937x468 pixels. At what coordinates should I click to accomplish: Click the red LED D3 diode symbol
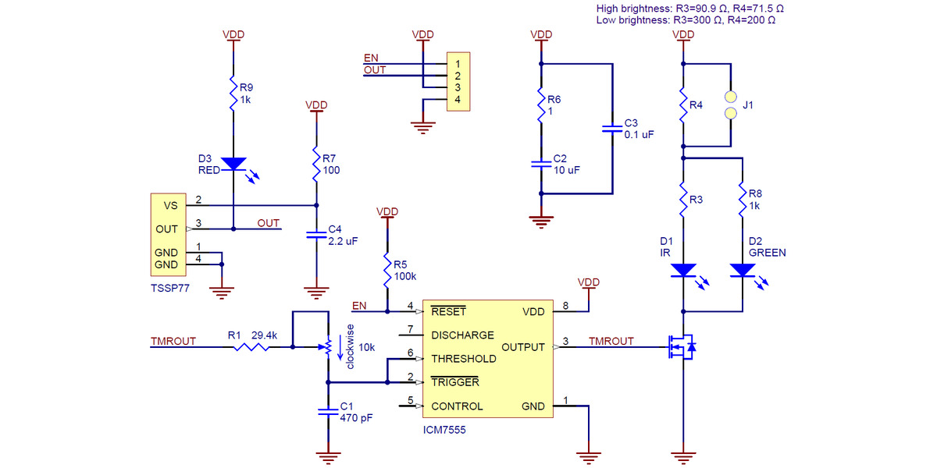[233, 164]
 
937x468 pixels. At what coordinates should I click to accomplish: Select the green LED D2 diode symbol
[742, 271]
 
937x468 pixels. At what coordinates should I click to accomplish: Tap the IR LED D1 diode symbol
[683, 271]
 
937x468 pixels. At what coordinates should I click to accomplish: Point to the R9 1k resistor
[233, 94]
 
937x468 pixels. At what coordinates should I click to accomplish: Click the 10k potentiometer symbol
[327, 346]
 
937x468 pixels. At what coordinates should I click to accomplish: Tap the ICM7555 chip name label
[444, 429]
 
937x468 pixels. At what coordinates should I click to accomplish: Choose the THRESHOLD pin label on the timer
[463, 359]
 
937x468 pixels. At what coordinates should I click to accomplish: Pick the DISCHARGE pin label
[462, 335]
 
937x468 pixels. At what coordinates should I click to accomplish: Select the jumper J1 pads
[731, 105]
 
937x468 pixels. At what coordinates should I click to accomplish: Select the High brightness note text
[689, 8]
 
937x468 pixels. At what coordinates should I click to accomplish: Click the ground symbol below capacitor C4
[315, 294]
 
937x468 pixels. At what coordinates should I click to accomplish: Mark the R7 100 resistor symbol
[315, 164]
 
